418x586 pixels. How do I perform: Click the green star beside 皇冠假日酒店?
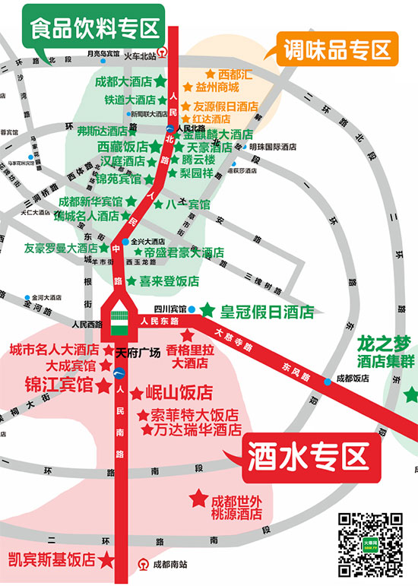207,309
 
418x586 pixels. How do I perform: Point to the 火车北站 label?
142,55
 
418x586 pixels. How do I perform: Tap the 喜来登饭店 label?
169,280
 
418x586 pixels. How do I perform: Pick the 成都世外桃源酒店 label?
236,507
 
